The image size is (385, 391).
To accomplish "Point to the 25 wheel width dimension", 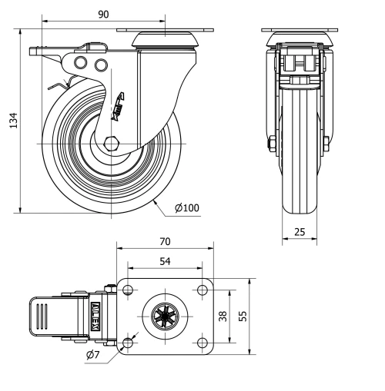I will [x=299, y=231].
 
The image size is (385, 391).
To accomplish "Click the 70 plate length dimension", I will [x=164, y=241].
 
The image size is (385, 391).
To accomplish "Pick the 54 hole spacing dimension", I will [x=164, y=262].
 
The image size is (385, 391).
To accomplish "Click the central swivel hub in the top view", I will [x=165, y=316].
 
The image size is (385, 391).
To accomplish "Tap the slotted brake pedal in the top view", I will [x=42, y=316].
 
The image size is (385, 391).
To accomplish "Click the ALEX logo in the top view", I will [x=95, y=316].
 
